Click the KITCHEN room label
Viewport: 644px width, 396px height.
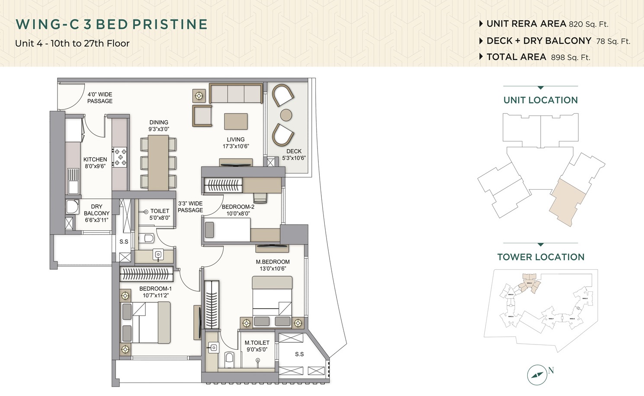click(x=95, y=160)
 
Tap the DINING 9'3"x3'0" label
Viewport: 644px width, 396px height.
click(x=159, y=126)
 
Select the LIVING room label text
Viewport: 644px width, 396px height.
click(x=236, y=140)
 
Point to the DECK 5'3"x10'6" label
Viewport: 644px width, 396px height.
click(x=294, y=155)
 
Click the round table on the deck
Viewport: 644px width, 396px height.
click(x=286, y=115)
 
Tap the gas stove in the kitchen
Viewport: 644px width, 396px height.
click(x=120, y=157)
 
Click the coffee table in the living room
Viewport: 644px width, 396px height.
click(x=236, y=121)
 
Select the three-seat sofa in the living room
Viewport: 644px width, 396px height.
click(x=236, y=93)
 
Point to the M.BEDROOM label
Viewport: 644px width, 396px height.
click(x=272, y=262)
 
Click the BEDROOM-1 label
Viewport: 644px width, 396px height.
click(x=155, y=289)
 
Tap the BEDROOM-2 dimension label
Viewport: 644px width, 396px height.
click(x=238, y=213)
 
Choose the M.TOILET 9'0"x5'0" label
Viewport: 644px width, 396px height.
click(x=257, y=346)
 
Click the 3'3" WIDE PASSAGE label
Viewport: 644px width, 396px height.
click(x=190, y=206)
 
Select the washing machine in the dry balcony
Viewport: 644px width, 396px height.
click(x=72, y=206)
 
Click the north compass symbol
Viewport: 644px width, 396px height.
click(x=537, y=374)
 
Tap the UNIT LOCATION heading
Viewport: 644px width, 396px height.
click(x=540, y=100)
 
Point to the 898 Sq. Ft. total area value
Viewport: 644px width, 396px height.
click(x=570, y=58)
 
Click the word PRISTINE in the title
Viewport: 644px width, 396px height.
click(x=170, y=24)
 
